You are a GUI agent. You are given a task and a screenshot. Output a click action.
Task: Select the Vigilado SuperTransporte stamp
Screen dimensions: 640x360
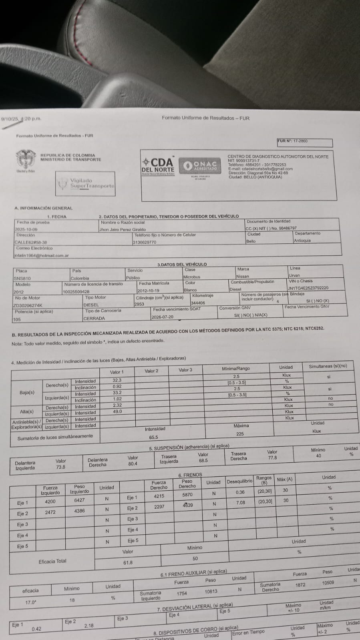(86, 184)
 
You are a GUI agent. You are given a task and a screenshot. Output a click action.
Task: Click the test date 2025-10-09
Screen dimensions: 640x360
(26, 229)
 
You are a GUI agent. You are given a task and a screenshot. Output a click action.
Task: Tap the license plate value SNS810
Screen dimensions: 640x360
(22, 278)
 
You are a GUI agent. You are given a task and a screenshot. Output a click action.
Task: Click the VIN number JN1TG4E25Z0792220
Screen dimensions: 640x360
(308, 288)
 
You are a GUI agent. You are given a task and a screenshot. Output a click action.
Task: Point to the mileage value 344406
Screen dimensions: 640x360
(198, 303)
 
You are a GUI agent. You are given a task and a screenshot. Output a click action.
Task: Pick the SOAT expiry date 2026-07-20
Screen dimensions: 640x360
(163, 317)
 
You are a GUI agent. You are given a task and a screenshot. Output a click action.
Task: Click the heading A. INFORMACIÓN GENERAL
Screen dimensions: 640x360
(43, 208)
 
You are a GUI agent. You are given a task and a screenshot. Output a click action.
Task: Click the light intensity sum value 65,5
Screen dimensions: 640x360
(153, 437)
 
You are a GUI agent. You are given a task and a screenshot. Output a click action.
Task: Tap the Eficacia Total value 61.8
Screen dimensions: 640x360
(128, 562)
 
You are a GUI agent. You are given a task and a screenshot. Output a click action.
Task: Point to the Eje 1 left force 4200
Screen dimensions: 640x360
(50, 501)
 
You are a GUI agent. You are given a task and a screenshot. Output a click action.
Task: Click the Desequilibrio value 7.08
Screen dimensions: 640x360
(240, 503)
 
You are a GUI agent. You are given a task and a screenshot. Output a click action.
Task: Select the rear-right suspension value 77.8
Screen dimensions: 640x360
(272, 457)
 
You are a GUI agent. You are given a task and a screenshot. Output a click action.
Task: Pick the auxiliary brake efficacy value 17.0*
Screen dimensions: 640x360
(31, 602)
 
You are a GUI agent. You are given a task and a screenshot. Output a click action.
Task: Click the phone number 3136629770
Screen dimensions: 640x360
(145, 242)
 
